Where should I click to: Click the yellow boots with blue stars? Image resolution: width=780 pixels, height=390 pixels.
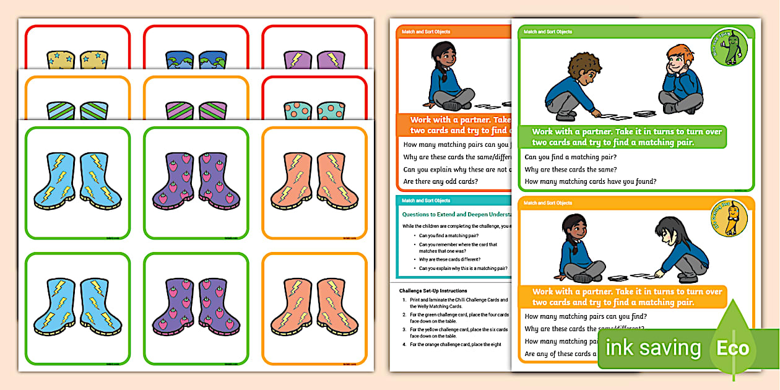[x=77, y=59]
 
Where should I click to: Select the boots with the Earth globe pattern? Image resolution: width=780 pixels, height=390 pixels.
[x=196, y=60]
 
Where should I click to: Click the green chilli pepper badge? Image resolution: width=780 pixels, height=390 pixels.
[x=729, y=48]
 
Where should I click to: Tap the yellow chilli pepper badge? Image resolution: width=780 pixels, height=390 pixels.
[x=729, y=219]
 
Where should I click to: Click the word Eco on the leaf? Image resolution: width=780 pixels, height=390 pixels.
[x=733, y=348]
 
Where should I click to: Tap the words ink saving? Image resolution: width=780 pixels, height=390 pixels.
[x=653, y=348]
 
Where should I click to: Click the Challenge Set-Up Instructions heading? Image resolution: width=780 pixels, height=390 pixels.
[x=433, y=290]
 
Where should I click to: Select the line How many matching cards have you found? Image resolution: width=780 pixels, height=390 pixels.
[x=590, y=181]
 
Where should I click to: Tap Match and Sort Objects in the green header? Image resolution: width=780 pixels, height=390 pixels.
[x=548, y=32]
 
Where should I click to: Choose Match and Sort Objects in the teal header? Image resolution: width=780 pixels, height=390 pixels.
[x=426, y=201]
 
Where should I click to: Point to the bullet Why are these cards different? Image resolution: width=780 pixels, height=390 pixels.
[x=449, y=259]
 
